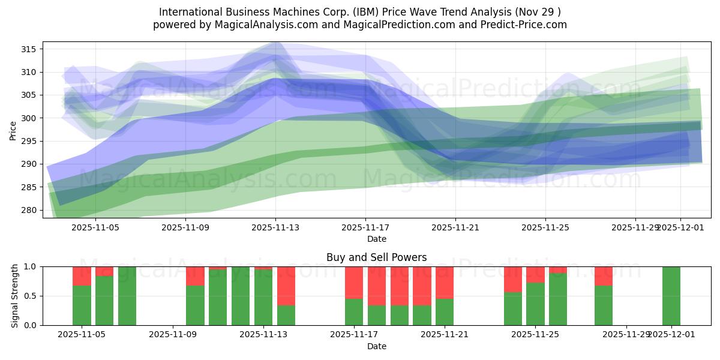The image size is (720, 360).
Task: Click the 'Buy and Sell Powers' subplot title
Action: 376,257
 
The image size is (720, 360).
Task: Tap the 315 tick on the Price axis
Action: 31,49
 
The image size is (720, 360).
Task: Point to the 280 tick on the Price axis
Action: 31,210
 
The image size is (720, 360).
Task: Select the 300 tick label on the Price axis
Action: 31,118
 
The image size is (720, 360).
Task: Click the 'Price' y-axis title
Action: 13,130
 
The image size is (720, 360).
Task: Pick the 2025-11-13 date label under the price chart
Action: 275,227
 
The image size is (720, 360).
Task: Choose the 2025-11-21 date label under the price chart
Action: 455,227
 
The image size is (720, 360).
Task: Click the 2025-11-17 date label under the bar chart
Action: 354,335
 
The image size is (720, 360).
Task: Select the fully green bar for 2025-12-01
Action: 671,296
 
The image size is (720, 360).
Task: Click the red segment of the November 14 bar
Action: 286,286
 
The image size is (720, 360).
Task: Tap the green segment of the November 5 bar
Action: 82,305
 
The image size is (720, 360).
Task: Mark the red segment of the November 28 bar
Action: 604,275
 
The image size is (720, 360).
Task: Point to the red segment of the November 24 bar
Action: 513,279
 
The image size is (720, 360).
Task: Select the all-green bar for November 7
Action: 127,296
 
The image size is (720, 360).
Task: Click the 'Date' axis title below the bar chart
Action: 376,346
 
